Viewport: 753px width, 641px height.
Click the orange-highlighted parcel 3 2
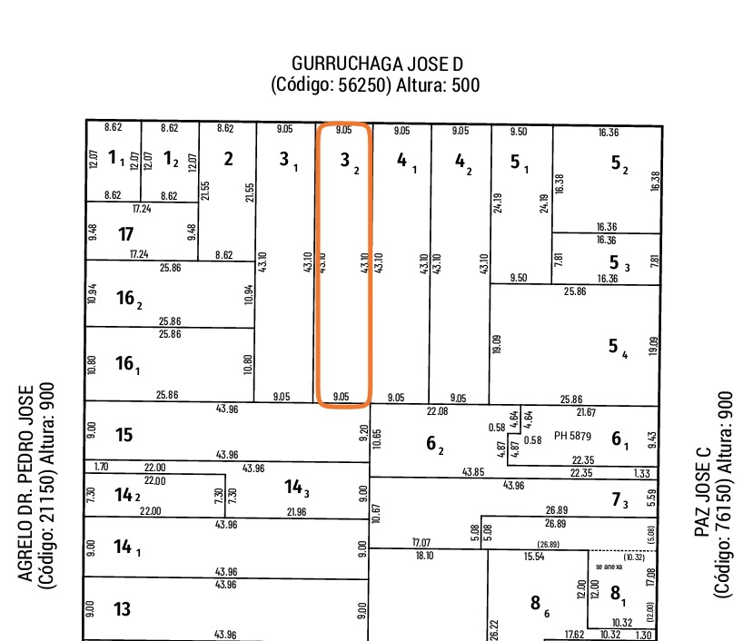343,263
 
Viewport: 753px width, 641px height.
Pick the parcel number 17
125,234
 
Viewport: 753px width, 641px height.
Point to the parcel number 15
124,435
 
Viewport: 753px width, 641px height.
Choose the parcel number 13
123,608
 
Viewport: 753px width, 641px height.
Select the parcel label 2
228,159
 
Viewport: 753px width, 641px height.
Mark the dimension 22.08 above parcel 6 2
438,412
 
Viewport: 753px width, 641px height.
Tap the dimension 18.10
423,555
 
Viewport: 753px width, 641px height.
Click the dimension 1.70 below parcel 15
101,467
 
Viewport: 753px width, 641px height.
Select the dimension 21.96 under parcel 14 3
296,512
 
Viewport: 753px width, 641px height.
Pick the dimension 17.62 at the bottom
574,635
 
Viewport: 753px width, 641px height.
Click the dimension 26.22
494,626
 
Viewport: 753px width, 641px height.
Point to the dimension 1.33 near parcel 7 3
643,473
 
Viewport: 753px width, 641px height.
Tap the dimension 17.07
421,543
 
